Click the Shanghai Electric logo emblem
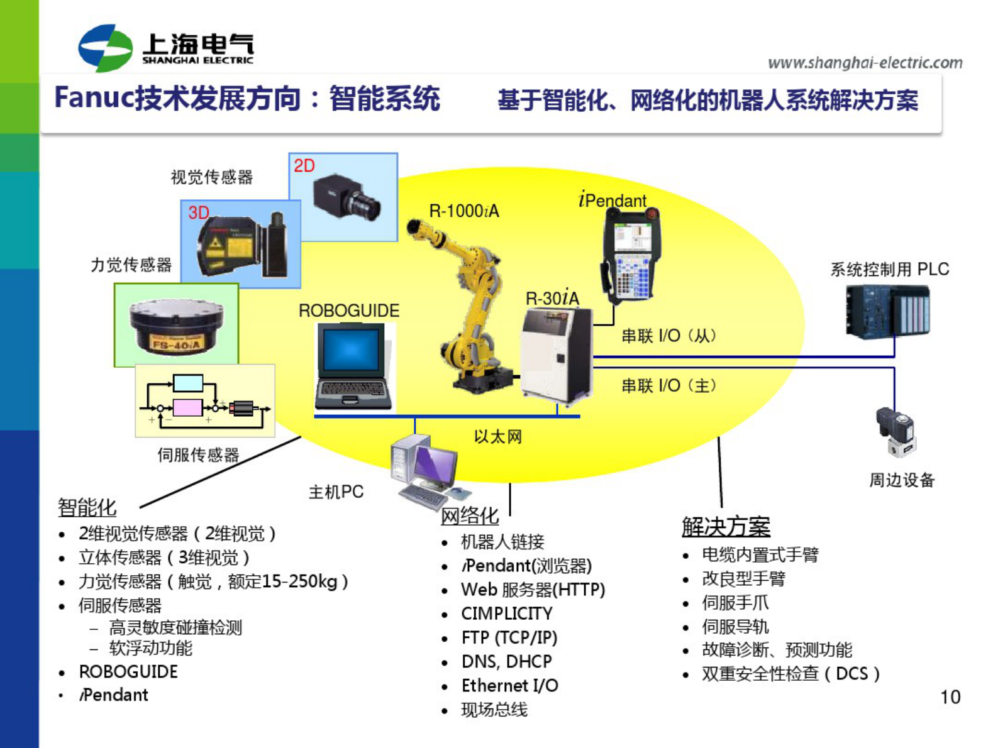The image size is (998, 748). click(105, 48)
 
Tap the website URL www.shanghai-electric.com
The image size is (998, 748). click(865, 63)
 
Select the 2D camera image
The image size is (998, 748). click(347, 197)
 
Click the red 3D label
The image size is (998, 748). click(198, 212)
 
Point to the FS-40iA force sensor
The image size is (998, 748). click(176, 326)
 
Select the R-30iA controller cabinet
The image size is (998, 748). click(556, 355)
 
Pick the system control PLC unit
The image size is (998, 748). click(887, 311)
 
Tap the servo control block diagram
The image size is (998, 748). click(205, 400)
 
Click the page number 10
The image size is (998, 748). click(950, 697)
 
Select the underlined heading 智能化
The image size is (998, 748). click(87, 507)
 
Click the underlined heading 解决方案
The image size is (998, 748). click(726, 527)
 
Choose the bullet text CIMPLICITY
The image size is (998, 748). click(506, 613)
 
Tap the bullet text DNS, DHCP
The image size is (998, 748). click(506, 661)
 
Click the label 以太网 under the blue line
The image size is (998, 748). click(497, 437)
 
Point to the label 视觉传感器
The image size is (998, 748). click(211, 177)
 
